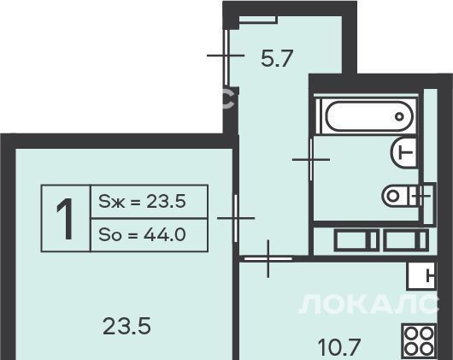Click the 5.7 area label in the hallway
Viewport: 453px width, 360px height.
277,59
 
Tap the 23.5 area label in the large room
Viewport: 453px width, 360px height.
126,326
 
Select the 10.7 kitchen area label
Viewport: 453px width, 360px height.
340,347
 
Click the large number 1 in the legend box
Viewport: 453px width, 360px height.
65,219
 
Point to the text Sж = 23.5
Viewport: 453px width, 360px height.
142,201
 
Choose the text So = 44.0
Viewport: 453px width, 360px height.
142,235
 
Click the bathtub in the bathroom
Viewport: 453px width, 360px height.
369,117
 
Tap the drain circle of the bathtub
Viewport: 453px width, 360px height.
399,117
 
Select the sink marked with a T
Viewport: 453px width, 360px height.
404,151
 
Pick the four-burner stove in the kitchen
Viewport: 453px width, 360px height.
419,341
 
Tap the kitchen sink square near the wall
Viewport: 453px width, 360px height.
421,276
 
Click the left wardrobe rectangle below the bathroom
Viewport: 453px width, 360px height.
356,240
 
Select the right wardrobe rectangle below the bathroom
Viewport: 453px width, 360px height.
406,240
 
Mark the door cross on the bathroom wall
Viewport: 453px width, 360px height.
311,160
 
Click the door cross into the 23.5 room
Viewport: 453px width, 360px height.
236,218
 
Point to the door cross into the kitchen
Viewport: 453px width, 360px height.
268,258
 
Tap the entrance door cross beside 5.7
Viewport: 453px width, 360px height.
226,56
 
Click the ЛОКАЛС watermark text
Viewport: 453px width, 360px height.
368,304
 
